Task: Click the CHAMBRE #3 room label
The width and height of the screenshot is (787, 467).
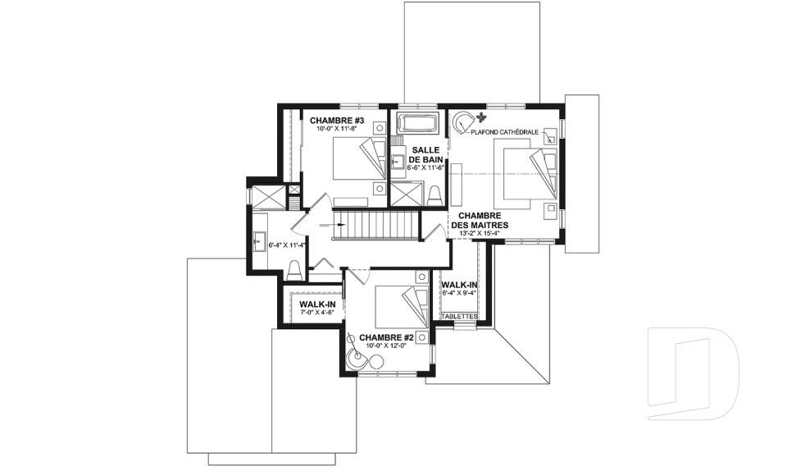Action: pos(336,121)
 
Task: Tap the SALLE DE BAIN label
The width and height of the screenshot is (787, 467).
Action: pos(426,155)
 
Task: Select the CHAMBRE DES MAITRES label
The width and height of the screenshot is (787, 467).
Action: pos(480,220)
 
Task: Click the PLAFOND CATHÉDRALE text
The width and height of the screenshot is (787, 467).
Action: pos(504,132)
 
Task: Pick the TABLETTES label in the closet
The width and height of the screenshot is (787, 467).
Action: pos(459,316)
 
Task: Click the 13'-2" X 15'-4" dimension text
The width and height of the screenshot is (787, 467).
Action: pos(480,233)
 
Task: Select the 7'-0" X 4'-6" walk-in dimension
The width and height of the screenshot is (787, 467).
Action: pos(316,313)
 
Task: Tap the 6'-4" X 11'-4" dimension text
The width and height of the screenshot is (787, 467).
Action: pos(287,245)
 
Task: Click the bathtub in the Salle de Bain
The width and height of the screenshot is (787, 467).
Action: pos(417,122)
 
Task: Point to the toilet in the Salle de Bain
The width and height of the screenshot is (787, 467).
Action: pos(434,196)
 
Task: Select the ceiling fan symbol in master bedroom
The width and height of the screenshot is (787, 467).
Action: pos(482,118)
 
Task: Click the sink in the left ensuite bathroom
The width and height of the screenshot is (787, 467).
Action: pos(260,241)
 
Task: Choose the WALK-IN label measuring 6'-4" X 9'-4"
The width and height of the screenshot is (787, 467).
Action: pos(459,286)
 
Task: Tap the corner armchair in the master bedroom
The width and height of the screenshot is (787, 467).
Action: pos(462,121)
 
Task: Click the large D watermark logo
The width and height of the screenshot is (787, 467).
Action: pos(694,373)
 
